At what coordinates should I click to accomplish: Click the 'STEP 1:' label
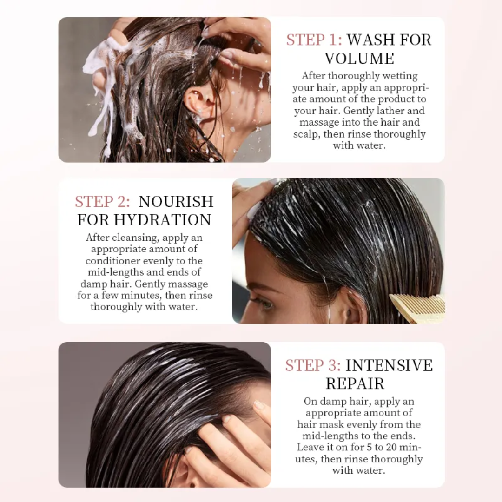[314, 40]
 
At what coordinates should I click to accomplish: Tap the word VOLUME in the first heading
[359, 59]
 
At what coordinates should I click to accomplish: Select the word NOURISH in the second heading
[176, 202]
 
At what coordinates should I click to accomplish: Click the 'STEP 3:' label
[313, 365]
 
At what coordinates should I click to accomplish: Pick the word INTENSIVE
[389, 365]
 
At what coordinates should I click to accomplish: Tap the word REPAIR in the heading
[355, 384]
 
